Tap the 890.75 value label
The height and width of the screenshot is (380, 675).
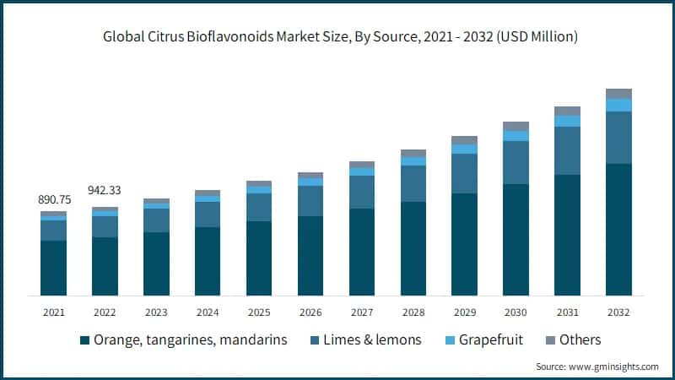pos(53,199)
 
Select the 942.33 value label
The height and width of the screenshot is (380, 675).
pos(105,190)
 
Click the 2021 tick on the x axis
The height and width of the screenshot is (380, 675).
pos(53,312)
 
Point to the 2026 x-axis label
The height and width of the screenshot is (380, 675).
pos(310,312)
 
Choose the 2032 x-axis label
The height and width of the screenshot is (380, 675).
pos(618,312)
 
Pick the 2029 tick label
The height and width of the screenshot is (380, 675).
pos(464,312)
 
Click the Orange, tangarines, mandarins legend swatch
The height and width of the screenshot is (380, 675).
pos(84,340)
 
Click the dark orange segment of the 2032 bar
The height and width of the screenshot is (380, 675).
pos(618,230)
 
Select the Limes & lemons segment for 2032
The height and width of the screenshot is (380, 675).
pos(618,138)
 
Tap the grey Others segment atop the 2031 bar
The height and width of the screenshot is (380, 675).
pos(567,111)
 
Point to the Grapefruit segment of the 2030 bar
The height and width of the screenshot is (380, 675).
pos(516,136)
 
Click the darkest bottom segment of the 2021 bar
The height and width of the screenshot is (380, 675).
pos(53,268)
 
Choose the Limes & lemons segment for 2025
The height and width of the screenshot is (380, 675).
pos(259,207)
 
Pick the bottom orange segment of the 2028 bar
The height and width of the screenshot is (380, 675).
pos(413,248)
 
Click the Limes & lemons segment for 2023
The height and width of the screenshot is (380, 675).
pos(156,220)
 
